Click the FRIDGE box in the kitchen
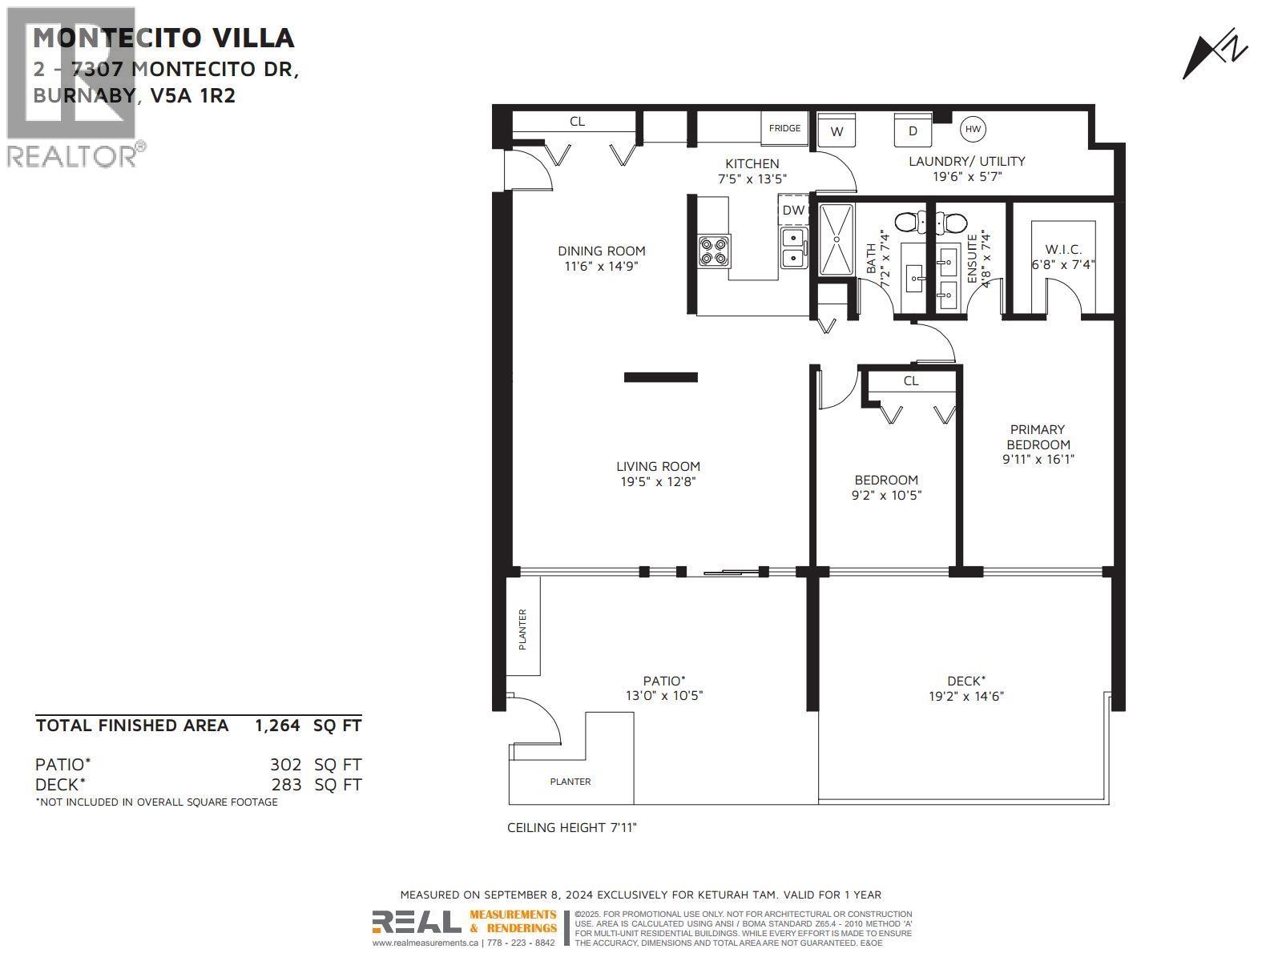(x=784, y=128)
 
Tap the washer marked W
(x=837, y=131)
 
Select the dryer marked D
(x=913, y=131)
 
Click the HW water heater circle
(x=973, y=129)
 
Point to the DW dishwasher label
(x=793, y=211)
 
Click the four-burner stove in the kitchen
(x=713, y=250)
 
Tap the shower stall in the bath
(x=837, y=239)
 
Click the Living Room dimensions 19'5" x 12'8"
(x=658, y=481)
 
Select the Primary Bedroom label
(x=1038, y=437)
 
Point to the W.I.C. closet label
(x=1063, y=250)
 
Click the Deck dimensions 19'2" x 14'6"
(x=966, y=696)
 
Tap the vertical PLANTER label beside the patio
(x=522, y=629)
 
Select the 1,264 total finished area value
(x=277, y=726)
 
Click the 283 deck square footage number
(x=286, y=785)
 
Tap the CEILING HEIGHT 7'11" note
(x=571, y=827)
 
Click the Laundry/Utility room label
(x=966, y=161)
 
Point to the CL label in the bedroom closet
(x=911, y=381)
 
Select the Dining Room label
(x=601, y=251)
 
